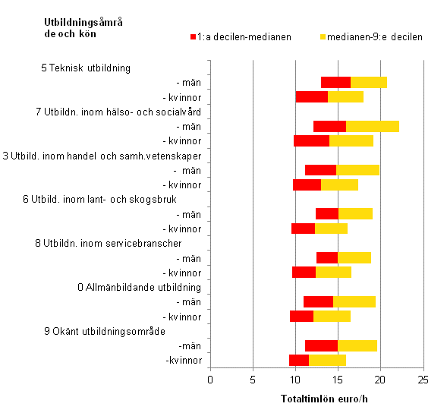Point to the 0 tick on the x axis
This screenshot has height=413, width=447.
(x=209, y=380)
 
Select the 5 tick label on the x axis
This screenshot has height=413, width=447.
(x=253, y=380)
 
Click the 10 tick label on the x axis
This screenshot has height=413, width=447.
(x=295, y=380)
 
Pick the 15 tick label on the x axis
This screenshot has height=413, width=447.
(x=338, y=380)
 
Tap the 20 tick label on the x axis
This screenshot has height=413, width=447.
(x=381, y=380)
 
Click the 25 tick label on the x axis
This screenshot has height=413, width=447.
(x=423, y=380)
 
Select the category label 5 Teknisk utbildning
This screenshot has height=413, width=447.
(x=86, y=68)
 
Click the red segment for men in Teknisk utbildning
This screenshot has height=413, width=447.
(x=335, y=82)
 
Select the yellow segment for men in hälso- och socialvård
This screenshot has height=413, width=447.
(x=372, y=126)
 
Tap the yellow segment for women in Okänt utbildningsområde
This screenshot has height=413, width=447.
(x=327, y=360)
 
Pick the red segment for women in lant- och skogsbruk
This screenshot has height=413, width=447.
(x=303, y=229)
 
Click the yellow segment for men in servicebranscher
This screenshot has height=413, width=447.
(x=354, y=257)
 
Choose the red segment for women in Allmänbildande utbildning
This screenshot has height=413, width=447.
(x=301, y=316)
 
